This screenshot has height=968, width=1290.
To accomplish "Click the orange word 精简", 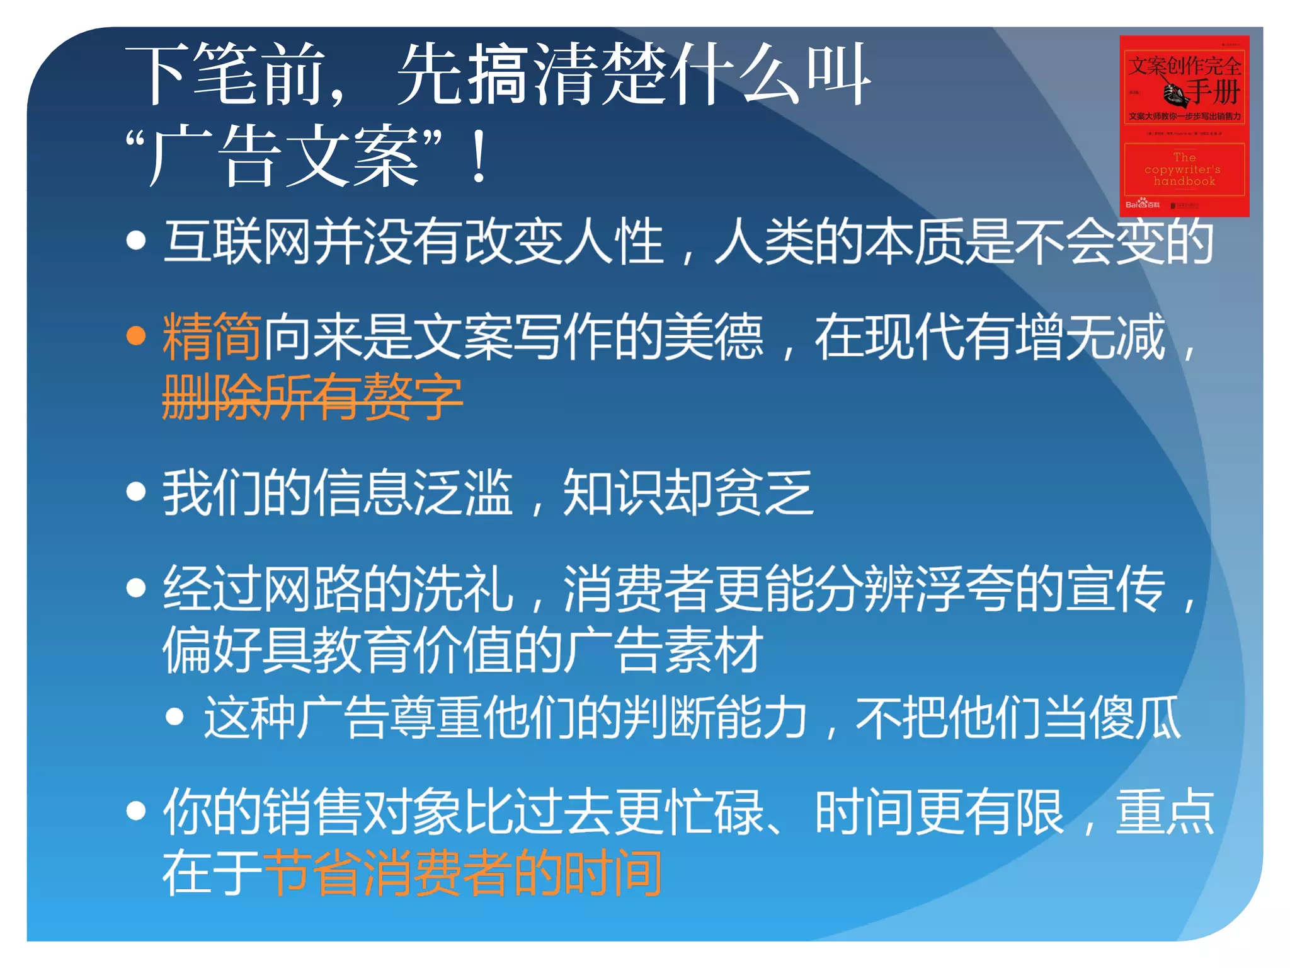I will [212, 337].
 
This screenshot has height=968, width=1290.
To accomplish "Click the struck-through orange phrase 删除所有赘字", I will [312, 397].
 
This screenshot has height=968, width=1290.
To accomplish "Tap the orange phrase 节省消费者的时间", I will [462, 873].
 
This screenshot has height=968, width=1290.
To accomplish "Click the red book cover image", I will [1184, 126].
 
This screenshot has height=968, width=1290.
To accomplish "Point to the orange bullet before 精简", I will [136, 336].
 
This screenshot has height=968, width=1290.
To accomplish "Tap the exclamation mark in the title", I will [479, 156].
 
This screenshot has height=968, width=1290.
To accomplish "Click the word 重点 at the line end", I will [1165, 812].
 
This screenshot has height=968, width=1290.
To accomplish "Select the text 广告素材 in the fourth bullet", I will [663, 650].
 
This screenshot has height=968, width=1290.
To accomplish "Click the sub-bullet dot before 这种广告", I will [174, 717].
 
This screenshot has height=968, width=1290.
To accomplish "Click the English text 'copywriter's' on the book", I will [1182, 170].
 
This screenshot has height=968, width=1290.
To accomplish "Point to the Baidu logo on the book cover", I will [1142, 204].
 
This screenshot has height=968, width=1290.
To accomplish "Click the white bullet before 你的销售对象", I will [136, 810].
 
